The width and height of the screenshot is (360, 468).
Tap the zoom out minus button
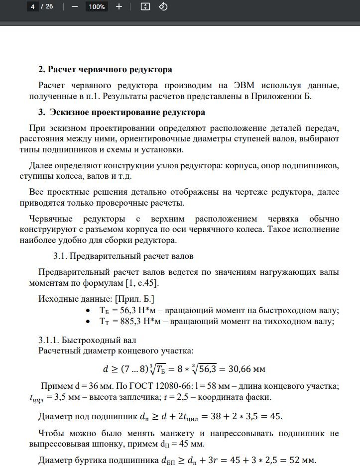click(75, 6)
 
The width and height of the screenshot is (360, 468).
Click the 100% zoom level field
click(96, 6)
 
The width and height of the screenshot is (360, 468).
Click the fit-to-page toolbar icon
click(145, 6)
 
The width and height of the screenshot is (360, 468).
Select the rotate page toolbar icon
click(163, 6)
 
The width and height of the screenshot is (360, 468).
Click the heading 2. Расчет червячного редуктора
click(105, 69)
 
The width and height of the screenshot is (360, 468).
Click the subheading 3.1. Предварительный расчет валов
click(123, 256)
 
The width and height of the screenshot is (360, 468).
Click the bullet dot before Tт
click(88, 322)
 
